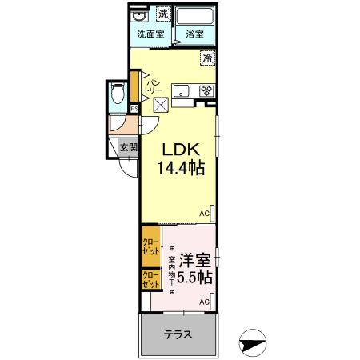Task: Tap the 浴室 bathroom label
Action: click(x=194, y=34)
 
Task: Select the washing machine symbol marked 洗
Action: click(x=163, y=14)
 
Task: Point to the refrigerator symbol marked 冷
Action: click(x=208, y=58)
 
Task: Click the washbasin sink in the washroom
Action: click(x=137, y=14)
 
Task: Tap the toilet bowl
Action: click(x=118, y=93)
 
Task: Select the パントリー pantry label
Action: click(x=153, y=86)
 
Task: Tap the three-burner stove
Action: click(x=206, y=90)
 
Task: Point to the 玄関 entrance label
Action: click(x=129, y=147)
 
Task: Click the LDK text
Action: click(x=181, y=150)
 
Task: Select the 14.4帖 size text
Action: click(x=181, y=168)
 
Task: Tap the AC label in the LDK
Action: click(x=204, y=213)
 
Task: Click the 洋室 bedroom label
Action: click(x=194, y=261)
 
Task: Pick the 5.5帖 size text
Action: click(x=194, y=278)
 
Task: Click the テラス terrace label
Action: click(x=178, y=334)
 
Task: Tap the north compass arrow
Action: click(x=254, y=344)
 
